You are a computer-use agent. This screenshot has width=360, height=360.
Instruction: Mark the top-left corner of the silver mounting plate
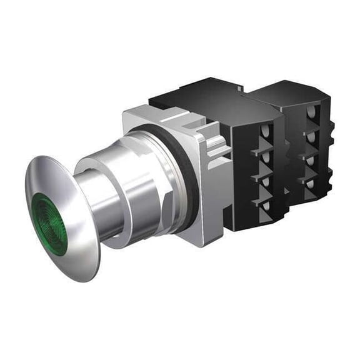[x=125, y=116]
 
